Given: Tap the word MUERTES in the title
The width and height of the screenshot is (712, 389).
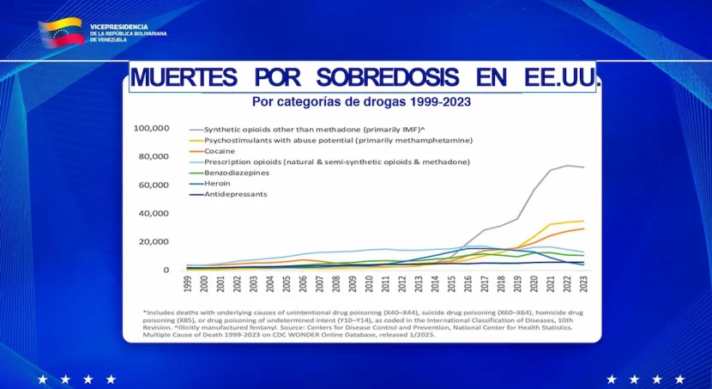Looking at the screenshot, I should [183, 77].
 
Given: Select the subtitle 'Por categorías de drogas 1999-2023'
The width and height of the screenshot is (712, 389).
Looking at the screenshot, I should [361, 101].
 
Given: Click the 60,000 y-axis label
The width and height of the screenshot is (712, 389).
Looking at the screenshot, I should [154, 185].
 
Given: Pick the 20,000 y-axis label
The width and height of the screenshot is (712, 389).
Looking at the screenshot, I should [154, 241].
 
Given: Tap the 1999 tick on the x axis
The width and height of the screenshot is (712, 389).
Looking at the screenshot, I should [188, 284].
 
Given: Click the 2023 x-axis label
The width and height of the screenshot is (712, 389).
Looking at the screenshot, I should [584, 284].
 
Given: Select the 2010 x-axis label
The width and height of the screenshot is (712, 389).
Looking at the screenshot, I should [369, 284].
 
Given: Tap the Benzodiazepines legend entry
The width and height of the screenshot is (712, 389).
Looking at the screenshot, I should [229, 173].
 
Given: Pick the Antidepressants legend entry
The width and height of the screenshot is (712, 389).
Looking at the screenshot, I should [235, 194].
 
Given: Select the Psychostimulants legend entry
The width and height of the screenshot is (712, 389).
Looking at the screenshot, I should [338, 140].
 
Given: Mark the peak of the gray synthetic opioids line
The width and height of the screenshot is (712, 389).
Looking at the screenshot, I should [567, 166].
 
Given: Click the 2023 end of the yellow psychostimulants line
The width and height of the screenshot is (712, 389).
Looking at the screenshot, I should [584, 222].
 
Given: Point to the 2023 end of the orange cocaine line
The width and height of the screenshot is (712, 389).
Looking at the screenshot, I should [584, 228].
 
